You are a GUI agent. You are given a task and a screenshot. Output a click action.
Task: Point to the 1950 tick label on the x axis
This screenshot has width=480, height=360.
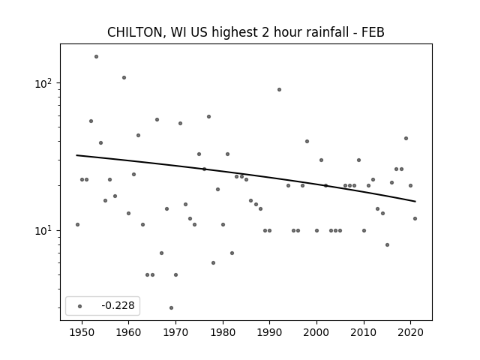pyautogui.click(x=82, y=332)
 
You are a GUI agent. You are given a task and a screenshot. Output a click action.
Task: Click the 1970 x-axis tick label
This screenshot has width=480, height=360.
pyautogui.click(x=175, y=332)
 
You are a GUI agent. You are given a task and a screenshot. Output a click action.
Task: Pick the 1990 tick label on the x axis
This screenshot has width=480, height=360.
pyautogui.click(x=269, y=332)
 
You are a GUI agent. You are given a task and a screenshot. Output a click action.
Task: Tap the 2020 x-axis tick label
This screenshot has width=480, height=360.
pyautogui.click(x=410, y=332)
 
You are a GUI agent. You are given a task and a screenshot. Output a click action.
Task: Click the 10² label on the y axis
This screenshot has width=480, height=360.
pyautogui.click(x=43, y=83)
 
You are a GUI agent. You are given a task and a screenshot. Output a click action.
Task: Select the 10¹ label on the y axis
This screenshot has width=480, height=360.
pyautogui.click(x=43, y=230)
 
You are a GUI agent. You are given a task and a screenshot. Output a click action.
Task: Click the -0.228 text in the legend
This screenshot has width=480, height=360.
pyautogui.click(x=118, y=305)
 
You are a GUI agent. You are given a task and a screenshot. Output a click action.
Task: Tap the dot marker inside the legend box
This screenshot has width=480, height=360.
pyautogui.click(x=80, y=306)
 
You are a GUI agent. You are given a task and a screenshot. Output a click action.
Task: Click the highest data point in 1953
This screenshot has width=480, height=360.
pyautogui.click(x=96, y=57)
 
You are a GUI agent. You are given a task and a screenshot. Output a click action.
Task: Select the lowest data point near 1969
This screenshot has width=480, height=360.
pyautogui.click(x=171, y=307)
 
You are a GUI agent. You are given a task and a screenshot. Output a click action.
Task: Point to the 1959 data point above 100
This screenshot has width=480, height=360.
pyautogui.click(x=124, y=78)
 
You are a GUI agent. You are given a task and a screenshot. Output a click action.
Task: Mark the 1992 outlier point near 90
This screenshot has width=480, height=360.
pyautogui.click(x=279, y=90)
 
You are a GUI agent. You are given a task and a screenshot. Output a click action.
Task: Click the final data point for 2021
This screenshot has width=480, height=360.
pyautogui.click(x=415, y=218)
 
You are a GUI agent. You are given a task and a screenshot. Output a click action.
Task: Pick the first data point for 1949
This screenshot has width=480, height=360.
pyautogui.click(x=77, y=225)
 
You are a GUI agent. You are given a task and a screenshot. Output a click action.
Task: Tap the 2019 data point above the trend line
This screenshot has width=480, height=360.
pyautogui.click(x=406, y=138)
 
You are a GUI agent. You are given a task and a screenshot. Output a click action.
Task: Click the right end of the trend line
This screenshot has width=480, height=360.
pyautogui.click(x=415, y=202)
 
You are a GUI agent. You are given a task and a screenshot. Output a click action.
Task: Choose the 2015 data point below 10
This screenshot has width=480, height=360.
pyautogui.click(x=387, y=245)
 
